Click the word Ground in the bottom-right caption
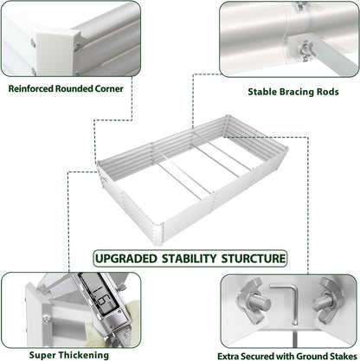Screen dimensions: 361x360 pos(304,354)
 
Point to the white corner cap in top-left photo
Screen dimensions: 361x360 pos(56,41)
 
